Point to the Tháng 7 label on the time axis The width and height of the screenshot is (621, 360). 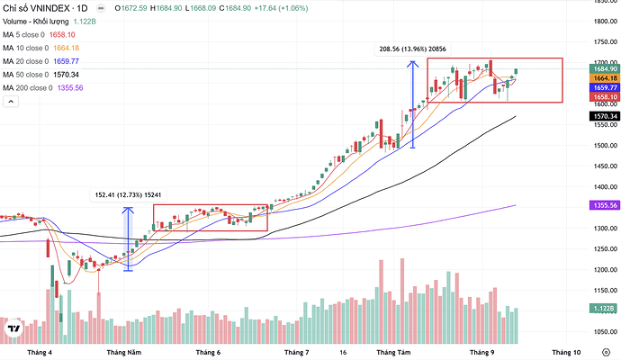[296, 354]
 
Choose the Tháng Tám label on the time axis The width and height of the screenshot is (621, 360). [393, 354]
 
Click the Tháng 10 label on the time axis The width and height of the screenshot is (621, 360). [566, 354]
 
